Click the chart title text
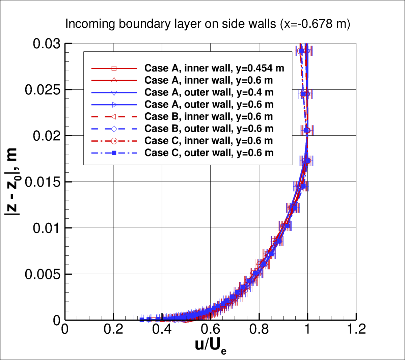pyautogui.click(x=208, y=24)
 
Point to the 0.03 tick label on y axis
pyautogui.click(x=47, y=44)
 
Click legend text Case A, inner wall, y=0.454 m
pyautogui.click(x=214, y=68)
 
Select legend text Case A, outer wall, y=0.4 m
pyautogui.click(x=209, y=92)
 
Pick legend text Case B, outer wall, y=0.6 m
pyautogui.click(x=209, y=129)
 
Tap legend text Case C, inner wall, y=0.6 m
pyautogui.click(x=209, y=141)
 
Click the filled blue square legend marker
pyautogui.click(x=114, y=153)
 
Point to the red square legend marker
pyautogui.click(x=114, y=68)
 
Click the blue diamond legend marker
pyautogui.click(x=114, y=129)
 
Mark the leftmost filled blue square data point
pyautogui.click(x=142, y=320)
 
